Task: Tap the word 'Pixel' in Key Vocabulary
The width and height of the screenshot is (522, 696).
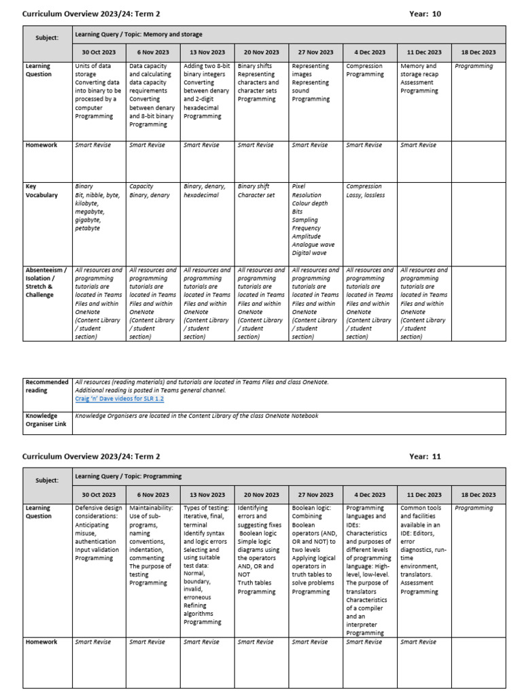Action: click(x=298, y=186)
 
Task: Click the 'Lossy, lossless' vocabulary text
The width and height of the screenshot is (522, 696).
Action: click(x=365, y=195)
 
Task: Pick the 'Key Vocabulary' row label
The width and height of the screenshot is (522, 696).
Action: click(x=41, y=190)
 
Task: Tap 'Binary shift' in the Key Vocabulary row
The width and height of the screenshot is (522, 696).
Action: click(x=254, y=186)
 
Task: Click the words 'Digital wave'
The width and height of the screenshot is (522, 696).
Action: click(x=309, y=253)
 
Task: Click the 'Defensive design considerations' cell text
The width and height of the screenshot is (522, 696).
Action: click(x=99, y=512)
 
